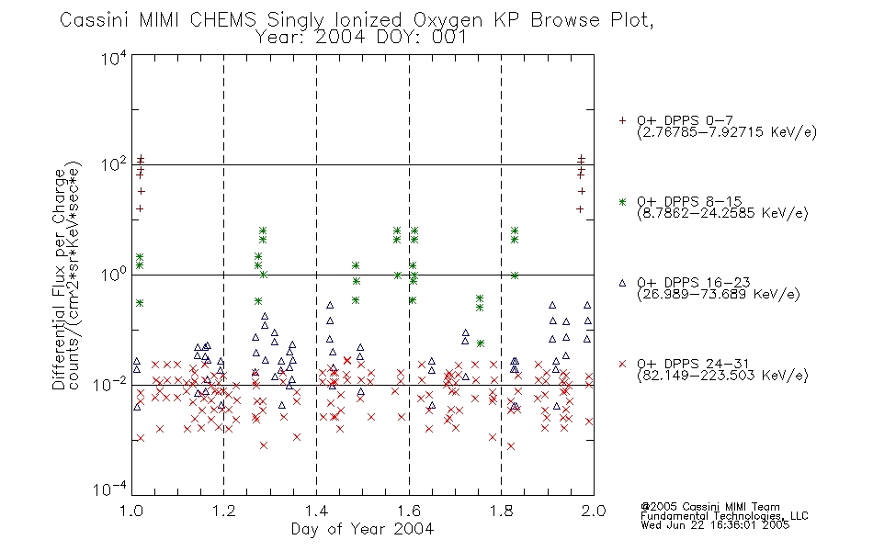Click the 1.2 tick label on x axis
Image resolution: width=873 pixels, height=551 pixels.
pos(224,511)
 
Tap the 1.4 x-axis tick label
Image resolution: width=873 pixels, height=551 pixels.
pos(316,511)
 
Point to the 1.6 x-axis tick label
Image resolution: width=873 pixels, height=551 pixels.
pos(409,511)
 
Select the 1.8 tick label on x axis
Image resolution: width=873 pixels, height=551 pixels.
pos(501,511)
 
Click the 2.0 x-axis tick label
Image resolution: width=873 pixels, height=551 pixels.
pos(594,511)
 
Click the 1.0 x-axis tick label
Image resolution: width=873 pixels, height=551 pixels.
pos(131,511)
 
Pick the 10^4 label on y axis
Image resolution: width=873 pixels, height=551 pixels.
pos(114,58)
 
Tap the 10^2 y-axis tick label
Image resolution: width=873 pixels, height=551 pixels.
pos(114,165)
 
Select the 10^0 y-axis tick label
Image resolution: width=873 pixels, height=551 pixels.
pos(114,275)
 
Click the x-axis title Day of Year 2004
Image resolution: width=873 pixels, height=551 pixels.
pos(362,529)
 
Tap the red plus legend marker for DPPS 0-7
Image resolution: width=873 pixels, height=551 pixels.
pos(622,120)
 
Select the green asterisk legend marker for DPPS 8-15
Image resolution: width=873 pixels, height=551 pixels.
pos(622,202)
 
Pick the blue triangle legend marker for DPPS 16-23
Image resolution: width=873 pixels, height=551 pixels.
pos(622,283)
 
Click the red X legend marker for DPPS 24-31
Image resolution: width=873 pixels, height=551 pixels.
pos(622,364)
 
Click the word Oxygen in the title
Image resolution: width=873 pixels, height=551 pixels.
pos(448,21)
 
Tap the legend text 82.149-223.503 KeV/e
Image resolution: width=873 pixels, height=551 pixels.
pos(722,376)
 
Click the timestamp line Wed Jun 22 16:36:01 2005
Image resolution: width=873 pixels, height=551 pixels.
pos(715,525)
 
